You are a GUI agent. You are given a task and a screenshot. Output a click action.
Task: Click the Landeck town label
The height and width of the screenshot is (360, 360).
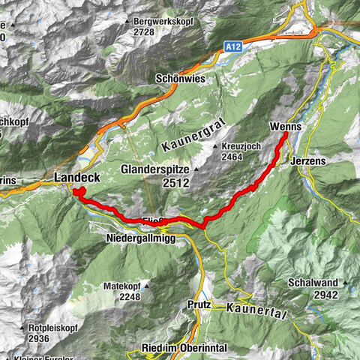[x=78, y=178]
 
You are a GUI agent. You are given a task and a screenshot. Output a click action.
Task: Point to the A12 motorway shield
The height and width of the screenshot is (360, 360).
[x=232, y=46]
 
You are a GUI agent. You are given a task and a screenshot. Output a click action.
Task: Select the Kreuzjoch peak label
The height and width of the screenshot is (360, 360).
[x=242, y=146]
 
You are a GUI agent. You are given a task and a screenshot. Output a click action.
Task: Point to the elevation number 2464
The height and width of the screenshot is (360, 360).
[x=234, y=157]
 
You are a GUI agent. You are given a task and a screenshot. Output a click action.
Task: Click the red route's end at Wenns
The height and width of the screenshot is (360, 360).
[x=286, y=136]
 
